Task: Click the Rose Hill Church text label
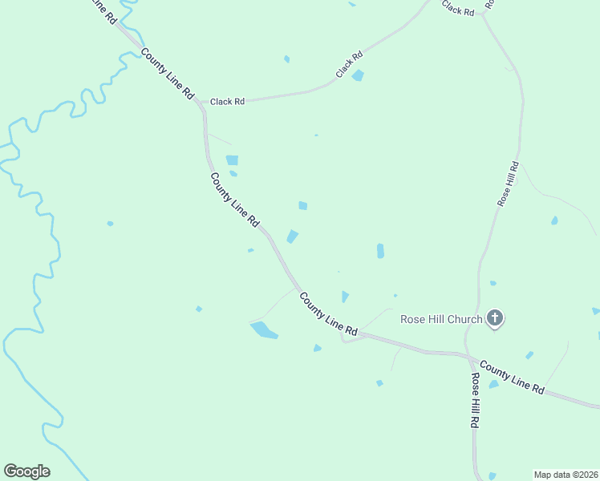click(441, 319)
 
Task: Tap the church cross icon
click(495, 319)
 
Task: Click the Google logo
click(26, 471)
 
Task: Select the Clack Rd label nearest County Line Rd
click(227, 102)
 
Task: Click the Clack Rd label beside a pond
click(350, 65)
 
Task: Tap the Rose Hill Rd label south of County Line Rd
click(476, 399)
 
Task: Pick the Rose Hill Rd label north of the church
click(509, 185)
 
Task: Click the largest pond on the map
click(264, 329)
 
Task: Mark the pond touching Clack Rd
click(358, 75)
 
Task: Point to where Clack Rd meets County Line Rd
click(201, 103)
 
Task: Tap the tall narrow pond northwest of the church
click(380, 251)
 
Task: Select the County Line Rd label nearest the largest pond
click(328, 313)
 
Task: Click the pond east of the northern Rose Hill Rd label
click(554, 220)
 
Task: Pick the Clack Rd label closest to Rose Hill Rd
click(458, 9)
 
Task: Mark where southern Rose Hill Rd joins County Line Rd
click(468, 357)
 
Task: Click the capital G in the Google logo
click(10, 471)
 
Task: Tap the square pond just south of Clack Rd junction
click(232, 160)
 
